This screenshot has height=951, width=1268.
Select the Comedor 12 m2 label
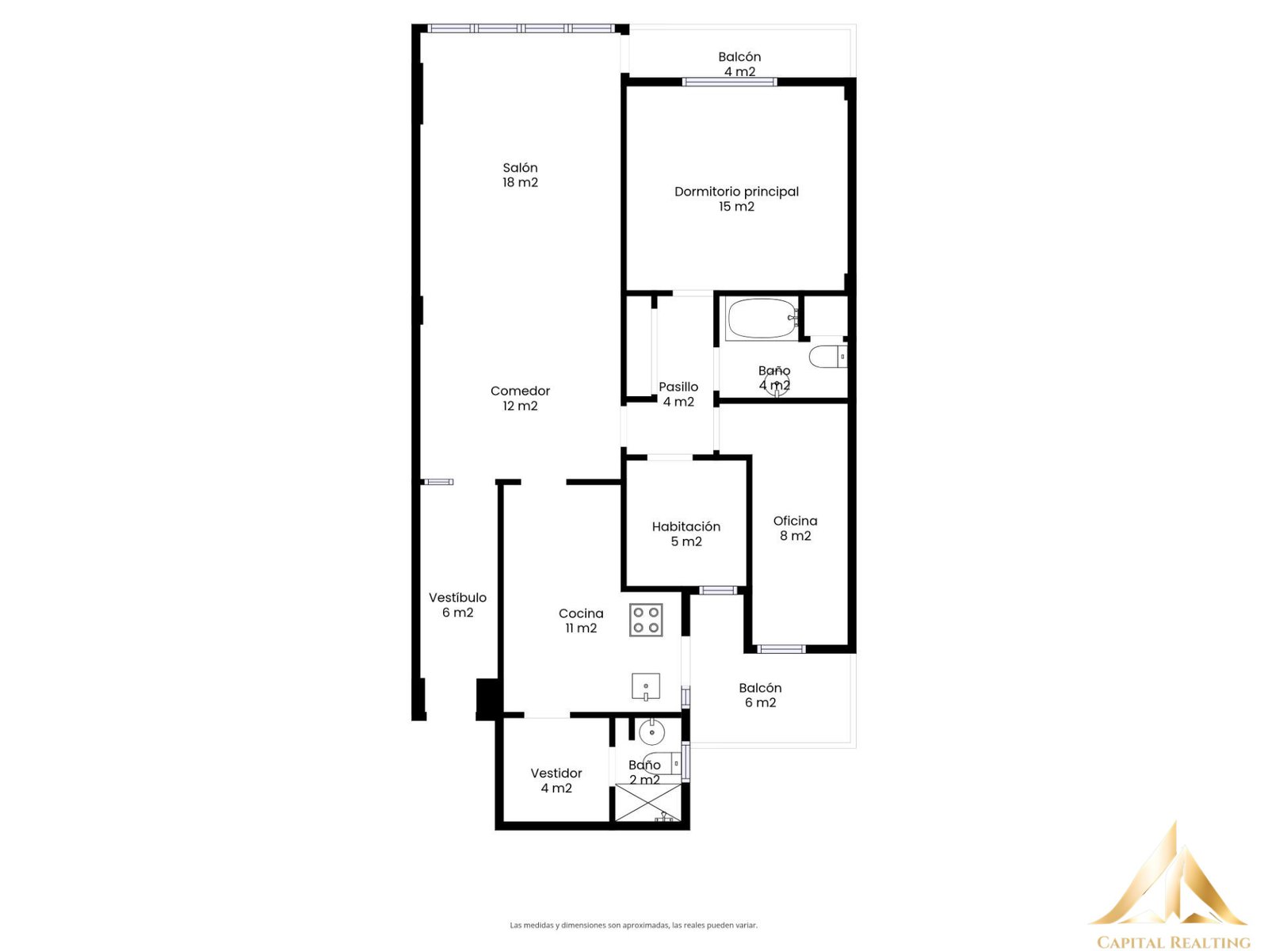point(520,399)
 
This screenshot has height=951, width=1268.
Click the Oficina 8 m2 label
point(795,529)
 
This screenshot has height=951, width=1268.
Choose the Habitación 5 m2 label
point(686,534)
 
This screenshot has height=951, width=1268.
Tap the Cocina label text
point(581,613)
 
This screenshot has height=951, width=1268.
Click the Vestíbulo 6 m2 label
point(457,605)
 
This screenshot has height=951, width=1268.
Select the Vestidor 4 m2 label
point(556,781)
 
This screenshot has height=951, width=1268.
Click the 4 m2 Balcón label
point(739,64)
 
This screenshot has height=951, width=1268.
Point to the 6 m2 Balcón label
point(760,695)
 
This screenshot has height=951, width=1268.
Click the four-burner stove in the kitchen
point(646,621)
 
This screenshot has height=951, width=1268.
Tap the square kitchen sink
point(646,686)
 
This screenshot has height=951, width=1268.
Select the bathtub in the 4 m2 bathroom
point(762,318)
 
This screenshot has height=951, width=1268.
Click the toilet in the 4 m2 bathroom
point(828,357)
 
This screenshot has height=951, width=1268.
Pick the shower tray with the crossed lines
point(647,802)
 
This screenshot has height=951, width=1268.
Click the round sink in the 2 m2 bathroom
point(651,733)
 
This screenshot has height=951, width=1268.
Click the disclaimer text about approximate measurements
point(633,925)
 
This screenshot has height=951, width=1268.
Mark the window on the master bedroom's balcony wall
point(729,82)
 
